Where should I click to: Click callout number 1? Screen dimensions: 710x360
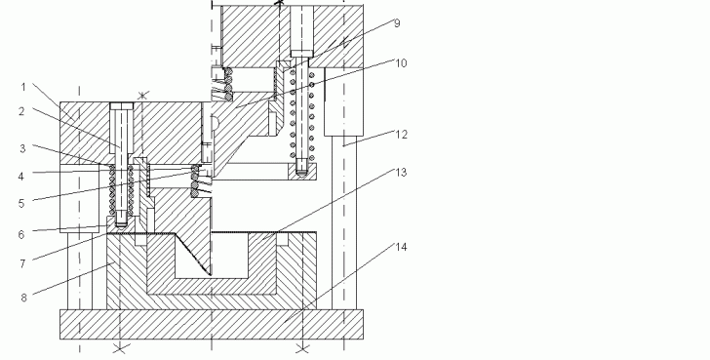(x=24, y=87)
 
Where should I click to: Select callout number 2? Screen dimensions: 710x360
(x=21, y=111)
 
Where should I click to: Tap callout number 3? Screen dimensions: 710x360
(x=22, y=148)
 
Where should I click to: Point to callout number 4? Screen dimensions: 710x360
(x=20, y=177)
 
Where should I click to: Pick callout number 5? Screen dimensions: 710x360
(x=21, y=204)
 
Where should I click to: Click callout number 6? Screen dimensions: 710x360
(x=21, y=234)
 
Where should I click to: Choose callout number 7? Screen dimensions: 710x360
(x=22, y=264)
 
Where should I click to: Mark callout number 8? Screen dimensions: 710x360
(x=23, y=298)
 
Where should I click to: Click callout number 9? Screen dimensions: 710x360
(x=397, y=23)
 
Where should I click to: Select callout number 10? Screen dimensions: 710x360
(x=401, y=63)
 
